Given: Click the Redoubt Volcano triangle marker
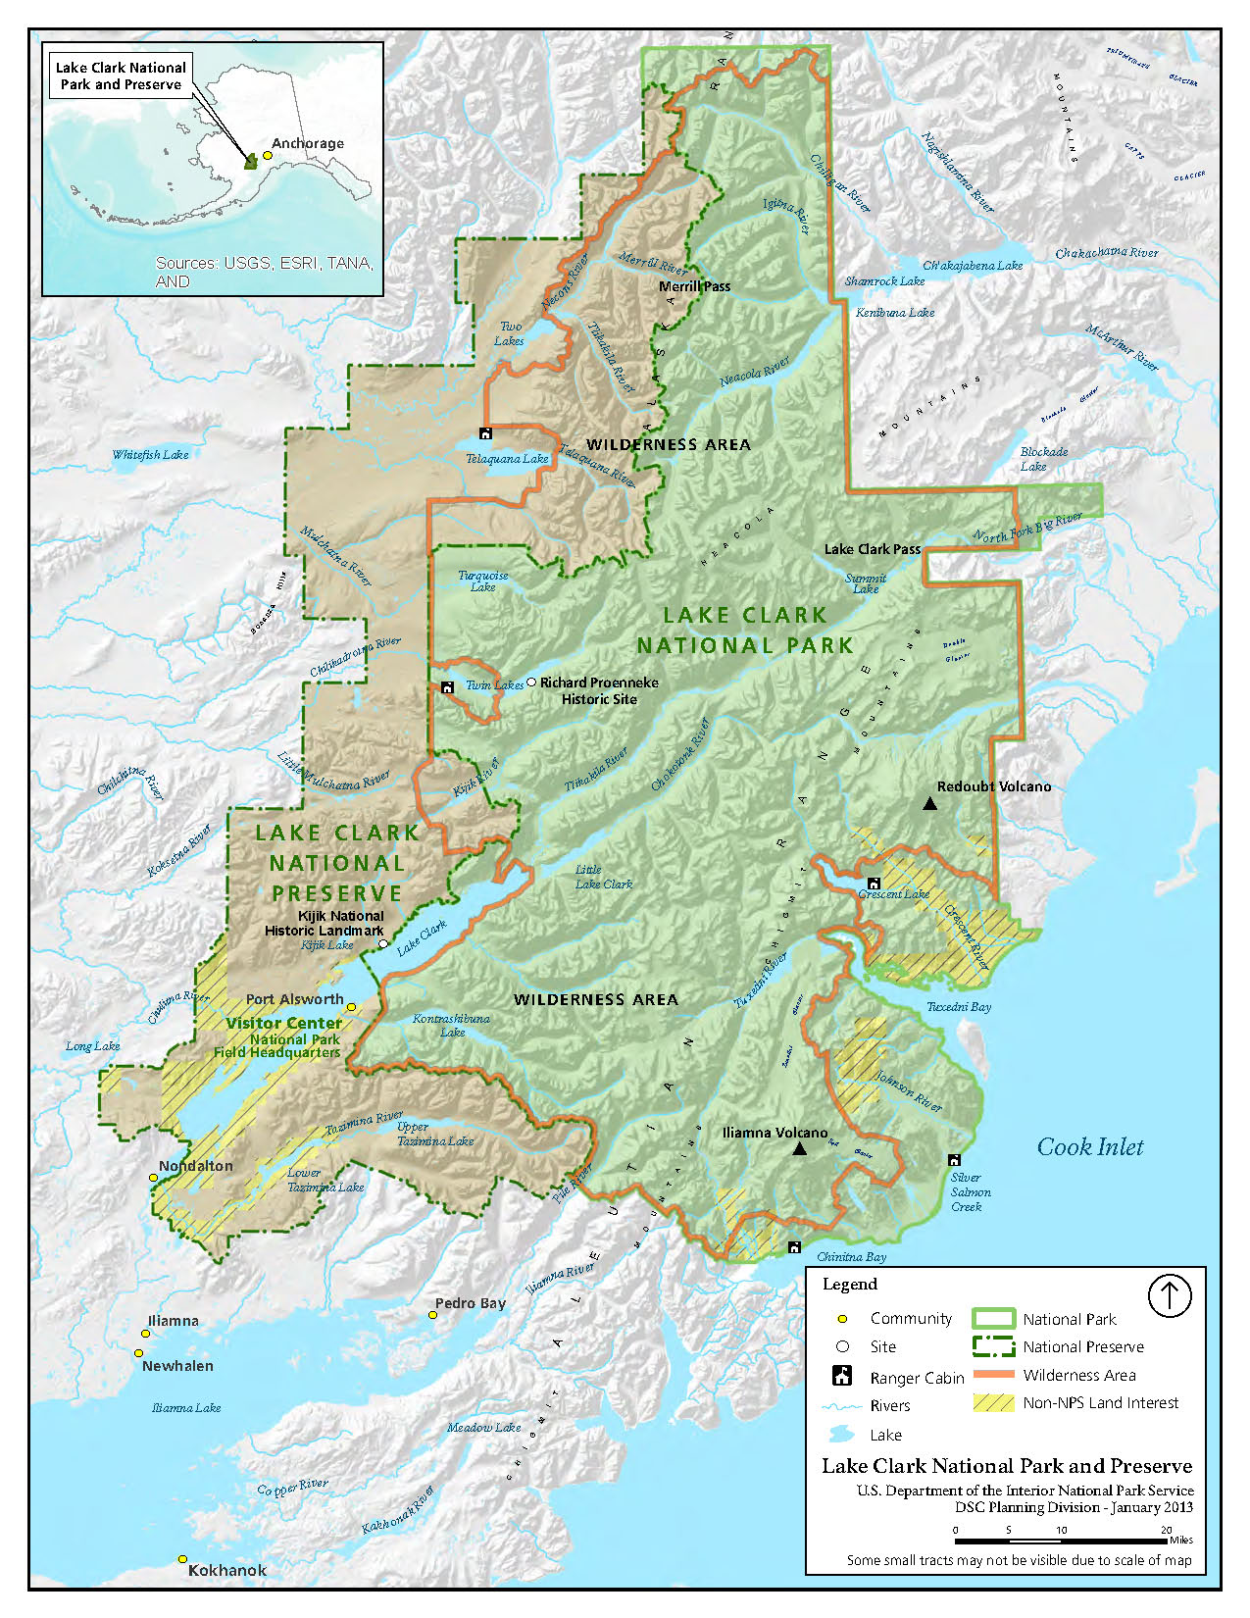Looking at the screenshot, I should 930,804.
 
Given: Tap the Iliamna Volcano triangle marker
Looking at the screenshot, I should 800,1148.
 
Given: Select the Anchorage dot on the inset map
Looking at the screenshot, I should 267,155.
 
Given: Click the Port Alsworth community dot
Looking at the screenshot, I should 351,1007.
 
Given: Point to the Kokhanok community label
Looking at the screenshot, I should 226,1570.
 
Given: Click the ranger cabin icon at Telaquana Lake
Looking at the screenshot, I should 485,433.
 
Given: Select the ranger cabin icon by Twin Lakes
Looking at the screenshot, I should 448,687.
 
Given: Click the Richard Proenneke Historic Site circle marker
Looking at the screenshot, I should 531,682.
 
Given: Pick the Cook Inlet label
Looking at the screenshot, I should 1090,1146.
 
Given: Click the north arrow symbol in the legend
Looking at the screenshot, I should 1169,1295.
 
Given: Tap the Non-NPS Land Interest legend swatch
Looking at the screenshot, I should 993,1402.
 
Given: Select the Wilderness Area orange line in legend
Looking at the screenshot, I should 993,1375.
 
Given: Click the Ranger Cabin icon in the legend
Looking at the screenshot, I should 842,1376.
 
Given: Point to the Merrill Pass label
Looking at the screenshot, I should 694,286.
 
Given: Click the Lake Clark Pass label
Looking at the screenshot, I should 872,549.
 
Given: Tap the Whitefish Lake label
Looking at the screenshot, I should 150,454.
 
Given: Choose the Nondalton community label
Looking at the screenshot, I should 196,1166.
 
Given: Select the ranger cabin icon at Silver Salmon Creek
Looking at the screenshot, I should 954,1160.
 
